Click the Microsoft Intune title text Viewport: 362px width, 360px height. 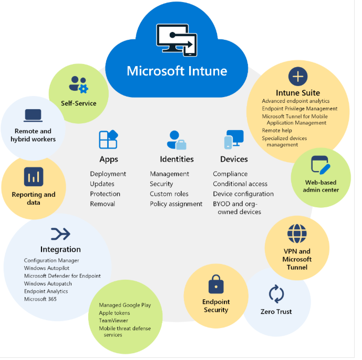tap(177, 70)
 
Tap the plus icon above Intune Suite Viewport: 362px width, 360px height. tap(297, 77)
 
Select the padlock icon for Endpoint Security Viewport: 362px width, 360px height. tap(216, 284)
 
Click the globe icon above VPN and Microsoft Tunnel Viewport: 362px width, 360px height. tap(297, 234)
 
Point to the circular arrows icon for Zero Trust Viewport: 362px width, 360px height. tap(276, 294)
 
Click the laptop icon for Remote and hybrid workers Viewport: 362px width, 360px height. tap(33, 115)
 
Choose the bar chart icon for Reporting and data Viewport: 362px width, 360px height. tap(34, 177)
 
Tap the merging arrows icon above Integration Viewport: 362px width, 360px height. tap(60, 234)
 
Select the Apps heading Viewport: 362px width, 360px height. tap(109, 159)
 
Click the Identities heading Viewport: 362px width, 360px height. tap(177, 159)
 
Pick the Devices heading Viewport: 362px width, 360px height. tap(234, 159)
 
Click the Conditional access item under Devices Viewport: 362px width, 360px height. tap(240, 184)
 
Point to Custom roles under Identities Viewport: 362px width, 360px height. tap(169, 194)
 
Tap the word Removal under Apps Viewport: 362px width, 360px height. tap(102, 204)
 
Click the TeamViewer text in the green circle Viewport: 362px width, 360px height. tap(114, 321)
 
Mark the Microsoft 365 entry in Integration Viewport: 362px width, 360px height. tap(40, 299)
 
